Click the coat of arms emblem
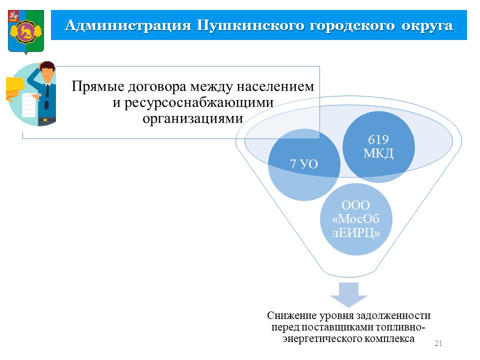(26, 32)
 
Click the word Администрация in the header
(128, 25)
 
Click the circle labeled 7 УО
(304, 164)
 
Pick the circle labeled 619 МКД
(378, 147)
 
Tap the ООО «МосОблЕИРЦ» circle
(356, 219)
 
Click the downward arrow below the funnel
(348, 294)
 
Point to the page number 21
(438, 343)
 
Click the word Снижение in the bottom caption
(291, 315)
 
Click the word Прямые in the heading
(97, 86)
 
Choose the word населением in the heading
(275, 86)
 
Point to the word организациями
(193, 118)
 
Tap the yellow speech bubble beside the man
(14, 88)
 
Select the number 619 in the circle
(378, 140)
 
